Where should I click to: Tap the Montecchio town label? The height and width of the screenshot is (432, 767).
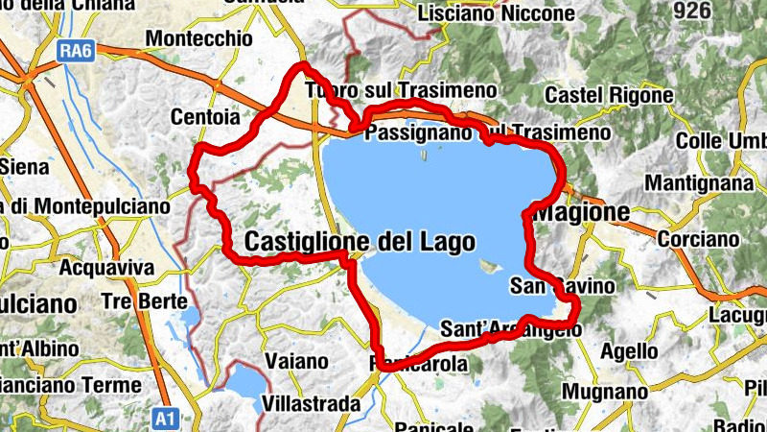198,39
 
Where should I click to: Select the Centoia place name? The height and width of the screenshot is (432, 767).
202,117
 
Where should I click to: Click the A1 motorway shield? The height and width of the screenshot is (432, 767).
165,418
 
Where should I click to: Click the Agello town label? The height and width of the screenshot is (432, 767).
629,352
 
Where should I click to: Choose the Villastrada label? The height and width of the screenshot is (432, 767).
311,404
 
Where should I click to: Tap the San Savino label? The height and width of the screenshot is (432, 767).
562,286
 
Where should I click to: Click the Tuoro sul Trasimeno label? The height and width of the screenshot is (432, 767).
401,90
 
